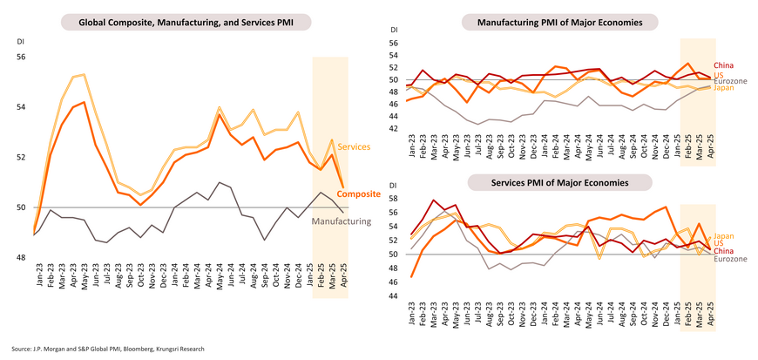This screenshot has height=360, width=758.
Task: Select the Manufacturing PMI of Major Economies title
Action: [x=567, y=21]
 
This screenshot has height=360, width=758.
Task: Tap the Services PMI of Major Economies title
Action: [x=567, y=181]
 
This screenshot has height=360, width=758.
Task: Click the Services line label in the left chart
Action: [x=353, y=146]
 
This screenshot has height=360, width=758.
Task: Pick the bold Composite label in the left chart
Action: [x=357, y=194]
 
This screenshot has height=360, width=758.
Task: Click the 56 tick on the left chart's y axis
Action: [x=22, y=58]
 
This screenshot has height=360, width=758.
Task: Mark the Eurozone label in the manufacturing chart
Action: [x=731, y=80]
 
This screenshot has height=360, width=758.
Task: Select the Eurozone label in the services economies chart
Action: [x=731, y=259]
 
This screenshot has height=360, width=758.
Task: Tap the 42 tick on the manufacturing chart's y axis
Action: [x=393, y=128]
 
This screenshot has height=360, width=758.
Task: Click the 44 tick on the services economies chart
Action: [x=393, y=296]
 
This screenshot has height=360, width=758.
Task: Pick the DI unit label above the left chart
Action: [x=21, y=42]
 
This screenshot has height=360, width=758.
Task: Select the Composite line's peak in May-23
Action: [x=84, y=102]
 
